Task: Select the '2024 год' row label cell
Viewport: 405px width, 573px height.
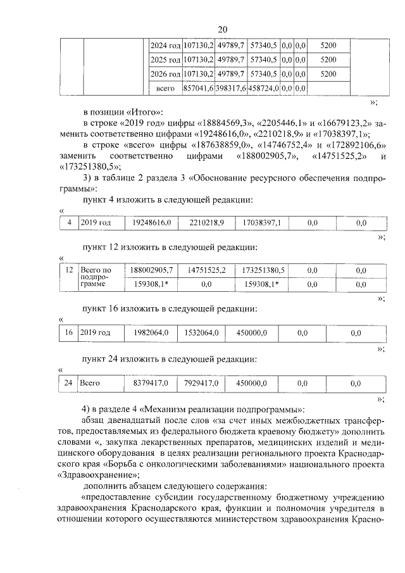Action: (x=165, y=46)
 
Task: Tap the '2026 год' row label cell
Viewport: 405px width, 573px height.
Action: (x=165, y=73)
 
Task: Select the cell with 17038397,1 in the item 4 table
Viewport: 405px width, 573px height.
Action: (x=262, y=223)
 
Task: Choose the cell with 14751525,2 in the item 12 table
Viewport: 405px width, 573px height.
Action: (x=206, y=270)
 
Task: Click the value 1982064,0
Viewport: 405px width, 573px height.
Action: (x=149, y=332)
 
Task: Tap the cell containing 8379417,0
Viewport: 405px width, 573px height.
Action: (x=149, y=382)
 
